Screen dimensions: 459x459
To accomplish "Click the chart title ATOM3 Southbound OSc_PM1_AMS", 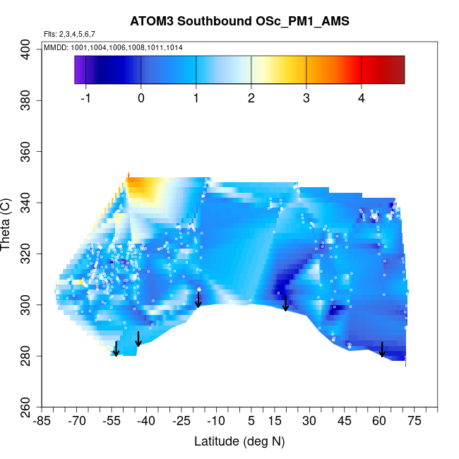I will coord(239,22).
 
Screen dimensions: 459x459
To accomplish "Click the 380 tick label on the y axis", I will coord(29,100).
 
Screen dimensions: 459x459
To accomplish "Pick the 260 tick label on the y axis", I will coord(29,407).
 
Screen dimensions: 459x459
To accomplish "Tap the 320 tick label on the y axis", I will coord(29,254).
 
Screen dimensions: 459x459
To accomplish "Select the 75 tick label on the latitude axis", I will coord(415,422).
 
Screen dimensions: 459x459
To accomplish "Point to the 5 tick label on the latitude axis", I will coord(251,422).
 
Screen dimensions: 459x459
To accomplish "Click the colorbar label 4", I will coord(361,98).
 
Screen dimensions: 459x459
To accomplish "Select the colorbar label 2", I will coord(251,98).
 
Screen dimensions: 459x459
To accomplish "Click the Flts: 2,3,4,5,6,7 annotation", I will coord(69,34).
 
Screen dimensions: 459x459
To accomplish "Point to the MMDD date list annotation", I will coord(112,47).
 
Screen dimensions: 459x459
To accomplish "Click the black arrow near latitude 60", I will coord(382,350).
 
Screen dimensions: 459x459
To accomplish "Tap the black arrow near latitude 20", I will coord(285,304).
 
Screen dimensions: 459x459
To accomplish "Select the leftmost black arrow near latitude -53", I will coord(116,349).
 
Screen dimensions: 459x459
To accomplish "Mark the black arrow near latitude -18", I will coord(198,300).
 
